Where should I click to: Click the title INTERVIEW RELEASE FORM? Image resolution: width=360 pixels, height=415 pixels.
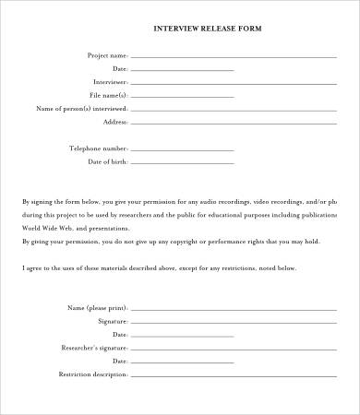pos(208,29)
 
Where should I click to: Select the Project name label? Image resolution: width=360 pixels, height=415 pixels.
pos(107,55)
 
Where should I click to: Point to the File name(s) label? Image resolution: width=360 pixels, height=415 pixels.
pos(108,95)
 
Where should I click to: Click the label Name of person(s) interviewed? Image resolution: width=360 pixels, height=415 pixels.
pos(81,108)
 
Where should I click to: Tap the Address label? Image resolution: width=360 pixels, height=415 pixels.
pos(115,122)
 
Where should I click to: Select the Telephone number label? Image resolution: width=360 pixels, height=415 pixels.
pos(98,148)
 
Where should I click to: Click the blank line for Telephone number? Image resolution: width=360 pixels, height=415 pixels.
pos(183,149)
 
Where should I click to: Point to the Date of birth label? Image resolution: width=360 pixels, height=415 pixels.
pos(107,161)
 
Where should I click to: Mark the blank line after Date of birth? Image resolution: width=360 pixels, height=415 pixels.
pos(183,163)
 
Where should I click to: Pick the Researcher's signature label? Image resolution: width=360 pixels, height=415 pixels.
pos(94,348)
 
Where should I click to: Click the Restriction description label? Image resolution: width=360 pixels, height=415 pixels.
pos(92,374)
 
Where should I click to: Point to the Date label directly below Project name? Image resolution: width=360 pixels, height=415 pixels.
pos(119,68)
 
